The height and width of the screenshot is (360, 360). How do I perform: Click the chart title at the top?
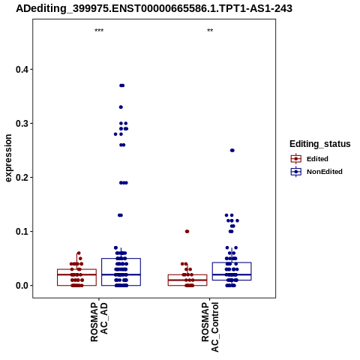tap(154, 8)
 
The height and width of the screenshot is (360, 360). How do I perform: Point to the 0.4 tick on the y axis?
tap(21, 69)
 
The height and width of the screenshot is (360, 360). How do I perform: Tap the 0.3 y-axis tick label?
tap(21, 123)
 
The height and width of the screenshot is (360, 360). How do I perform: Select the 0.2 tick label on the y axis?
tap(21, 178)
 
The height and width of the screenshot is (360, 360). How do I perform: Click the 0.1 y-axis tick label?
tap(21, 232)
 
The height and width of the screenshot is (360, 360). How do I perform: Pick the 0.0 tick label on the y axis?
tap(21, 286)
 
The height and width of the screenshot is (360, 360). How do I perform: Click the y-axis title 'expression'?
tap(8, 158)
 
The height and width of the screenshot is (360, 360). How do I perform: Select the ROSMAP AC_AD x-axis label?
tap(99, 322)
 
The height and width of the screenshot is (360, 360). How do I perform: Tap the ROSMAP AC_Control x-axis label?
tap(210, 327)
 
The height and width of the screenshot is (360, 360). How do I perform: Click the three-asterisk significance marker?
tap(99, 31)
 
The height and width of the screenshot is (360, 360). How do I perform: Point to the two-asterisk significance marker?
tap(210, 31)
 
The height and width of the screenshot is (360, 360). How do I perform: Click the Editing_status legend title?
tap(320, 144)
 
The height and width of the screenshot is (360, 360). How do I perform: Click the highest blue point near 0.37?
tap(121, 85)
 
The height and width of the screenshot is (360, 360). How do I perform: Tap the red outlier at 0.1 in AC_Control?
tap(187, 232)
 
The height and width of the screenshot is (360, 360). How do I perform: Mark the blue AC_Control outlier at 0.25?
tap(232, 150)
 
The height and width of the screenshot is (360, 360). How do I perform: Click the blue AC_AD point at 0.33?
tap(121, 107)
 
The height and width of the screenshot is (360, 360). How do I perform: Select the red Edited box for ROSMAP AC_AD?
tap(77, 277)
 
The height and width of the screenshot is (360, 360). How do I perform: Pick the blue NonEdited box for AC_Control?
tap(232, 271)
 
